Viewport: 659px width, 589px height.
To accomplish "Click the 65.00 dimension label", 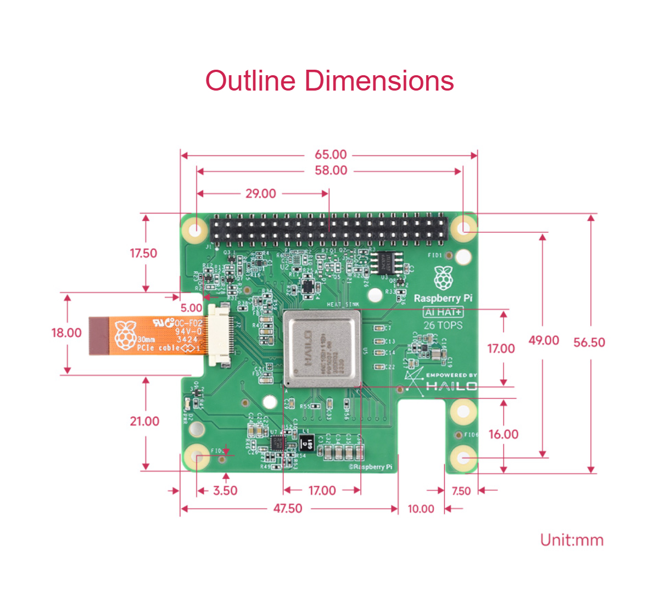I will [331, 155].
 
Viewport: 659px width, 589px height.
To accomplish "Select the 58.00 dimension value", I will [331, 171].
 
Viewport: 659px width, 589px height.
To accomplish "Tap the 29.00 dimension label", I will [261, 193].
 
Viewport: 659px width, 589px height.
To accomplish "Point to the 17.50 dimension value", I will [143, 253].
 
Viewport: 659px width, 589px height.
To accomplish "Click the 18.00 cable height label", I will [66, 333].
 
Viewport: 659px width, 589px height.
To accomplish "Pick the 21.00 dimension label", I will [144, 421].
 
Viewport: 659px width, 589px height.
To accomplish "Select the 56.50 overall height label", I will [589, 343].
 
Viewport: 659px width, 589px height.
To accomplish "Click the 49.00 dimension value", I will [544, 340].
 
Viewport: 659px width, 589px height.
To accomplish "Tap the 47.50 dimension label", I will [288, 508].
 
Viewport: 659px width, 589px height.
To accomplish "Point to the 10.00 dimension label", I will [421, 509].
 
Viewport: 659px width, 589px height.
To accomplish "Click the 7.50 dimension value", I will [461, 491].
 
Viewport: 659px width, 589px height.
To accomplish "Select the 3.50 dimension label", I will [225, 490].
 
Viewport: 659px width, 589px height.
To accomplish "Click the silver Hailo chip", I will [322, 348].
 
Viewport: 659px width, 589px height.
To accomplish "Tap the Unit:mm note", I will [572, 540].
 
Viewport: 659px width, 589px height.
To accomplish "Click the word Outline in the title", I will [250, 81].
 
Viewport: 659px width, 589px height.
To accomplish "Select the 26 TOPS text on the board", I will [443, 325].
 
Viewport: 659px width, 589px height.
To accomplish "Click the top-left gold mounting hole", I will [195, 227].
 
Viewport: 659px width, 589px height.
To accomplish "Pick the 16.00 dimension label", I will [503, 434].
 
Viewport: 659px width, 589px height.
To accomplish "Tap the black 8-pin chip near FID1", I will [388, 262].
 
